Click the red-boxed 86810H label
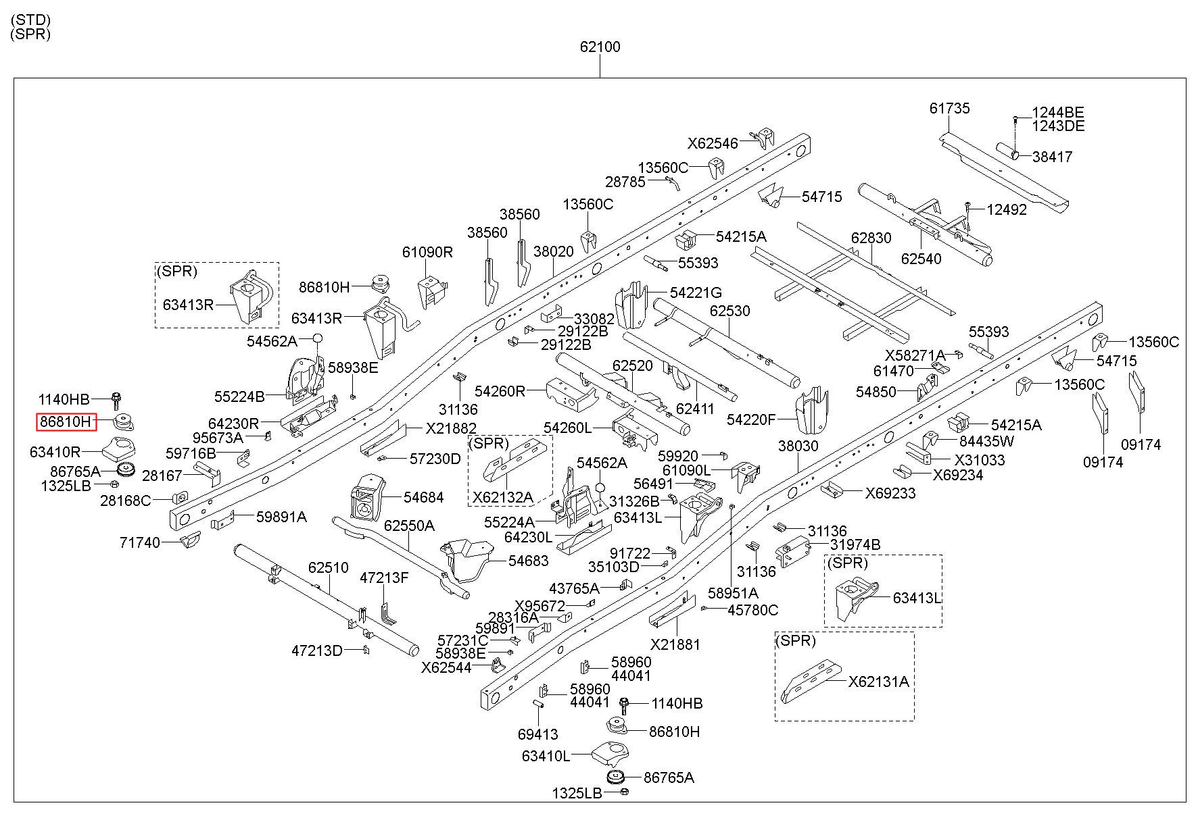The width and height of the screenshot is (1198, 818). pyautogui.click(x=67, y=422)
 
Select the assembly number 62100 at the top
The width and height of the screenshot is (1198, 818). pyautogui.click(x=600, y=47)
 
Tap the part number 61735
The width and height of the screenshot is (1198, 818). pyautogui.click(x=949, y=108)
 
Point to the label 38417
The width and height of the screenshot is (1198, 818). pyautogui.click(x=1052, y=157)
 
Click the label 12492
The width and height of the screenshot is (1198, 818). pyautogui.click(x=1007, y=209)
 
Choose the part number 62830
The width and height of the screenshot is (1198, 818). pyautogui.click(x=871, y=238)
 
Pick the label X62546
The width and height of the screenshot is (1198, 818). pyautogui.click(x=713, y=143)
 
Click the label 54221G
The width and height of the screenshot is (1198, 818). pyautogui.click(x=696, y=292)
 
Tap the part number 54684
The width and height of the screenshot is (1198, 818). pyautogui.click(x=423, y=498)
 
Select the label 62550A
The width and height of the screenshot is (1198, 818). pyautogui.click(x=409, y=526)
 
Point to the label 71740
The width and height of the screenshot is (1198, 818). pyautogui.click(x=140, y=542)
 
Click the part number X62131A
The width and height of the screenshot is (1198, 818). pyautogui.click(x=879, y=682)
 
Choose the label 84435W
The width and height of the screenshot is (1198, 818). pyautogui.click(x=987, y=441)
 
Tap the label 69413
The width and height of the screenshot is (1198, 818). pyautogui.click(x=537, y=734)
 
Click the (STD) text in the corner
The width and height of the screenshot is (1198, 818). pyautogui.click(x=30, y=21)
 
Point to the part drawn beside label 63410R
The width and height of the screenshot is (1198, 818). pyautogui.click(x=118, y=447)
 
